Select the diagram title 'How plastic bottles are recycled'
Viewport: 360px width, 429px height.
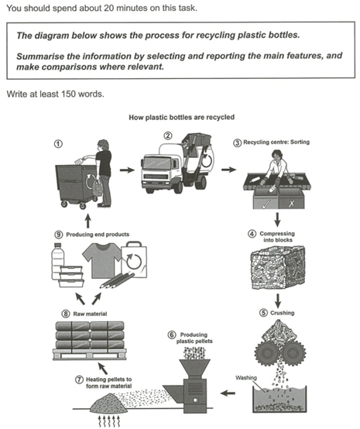(x=180, y=118)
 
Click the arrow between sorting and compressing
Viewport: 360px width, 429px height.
(x=277, y=219)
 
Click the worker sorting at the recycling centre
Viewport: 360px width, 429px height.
(x=276, y=166)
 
